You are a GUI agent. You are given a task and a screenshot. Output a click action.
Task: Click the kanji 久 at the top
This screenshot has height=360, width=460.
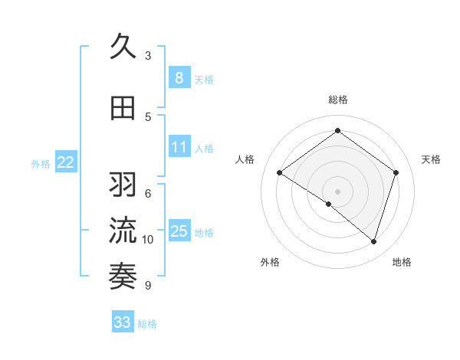pyautogui.click(x=123, y=47)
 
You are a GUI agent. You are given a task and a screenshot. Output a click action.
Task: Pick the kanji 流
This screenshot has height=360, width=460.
pyautogui.click(x=123, y=229)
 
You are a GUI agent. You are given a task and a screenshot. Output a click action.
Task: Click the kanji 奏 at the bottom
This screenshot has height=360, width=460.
pyautogui.click(x=123, y=273)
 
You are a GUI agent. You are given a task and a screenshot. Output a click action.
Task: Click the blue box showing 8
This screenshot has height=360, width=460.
pyautogui.click(x=179, y=78)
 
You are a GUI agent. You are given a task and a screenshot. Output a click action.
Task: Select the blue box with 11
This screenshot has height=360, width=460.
pyautogui.click(x=179, y=147)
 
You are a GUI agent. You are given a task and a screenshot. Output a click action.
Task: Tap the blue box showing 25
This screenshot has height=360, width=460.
pyautogui.click(x=179, y=231)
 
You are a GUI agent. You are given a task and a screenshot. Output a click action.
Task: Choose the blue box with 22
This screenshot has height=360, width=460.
pyautogui.click(x=66, y=162)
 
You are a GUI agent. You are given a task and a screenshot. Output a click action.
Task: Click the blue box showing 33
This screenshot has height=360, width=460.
pyautogui.click(x=122, y=322)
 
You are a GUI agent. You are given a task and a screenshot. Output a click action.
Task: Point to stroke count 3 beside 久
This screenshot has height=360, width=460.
pyautogui.click(x=148, y=55)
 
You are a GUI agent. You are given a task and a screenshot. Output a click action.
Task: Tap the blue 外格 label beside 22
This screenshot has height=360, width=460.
pyautogui.click(x=41, y=163)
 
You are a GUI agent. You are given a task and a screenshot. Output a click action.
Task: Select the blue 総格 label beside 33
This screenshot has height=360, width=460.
pyautogui.click(x=147, y=324)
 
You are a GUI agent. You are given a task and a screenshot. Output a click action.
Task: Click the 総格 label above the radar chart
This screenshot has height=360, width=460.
pyautogui.click(x=337, y=100)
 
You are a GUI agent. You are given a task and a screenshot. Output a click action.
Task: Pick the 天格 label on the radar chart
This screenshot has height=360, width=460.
pyautogui.click(x=431, y=159)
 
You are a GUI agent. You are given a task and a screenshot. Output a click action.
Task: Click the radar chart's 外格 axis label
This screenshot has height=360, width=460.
pyautogui.click(x=270, y=262)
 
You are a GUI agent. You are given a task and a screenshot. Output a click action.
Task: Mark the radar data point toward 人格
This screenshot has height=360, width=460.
pyautogui.click(x=280, y=173)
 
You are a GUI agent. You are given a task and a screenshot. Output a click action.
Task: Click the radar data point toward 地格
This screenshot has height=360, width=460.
pyautogui.click(x=373, y=241)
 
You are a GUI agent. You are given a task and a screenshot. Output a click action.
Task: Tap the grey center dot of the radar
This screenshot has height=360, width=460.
pyautogui.click(x=337, y=191)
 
